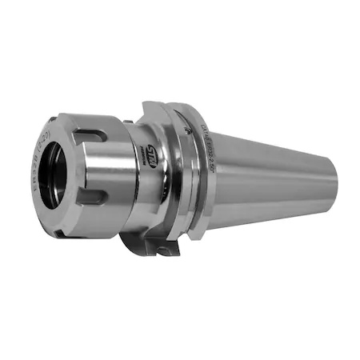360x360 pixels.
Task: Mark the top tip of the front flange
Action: (x=147, y=103)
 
